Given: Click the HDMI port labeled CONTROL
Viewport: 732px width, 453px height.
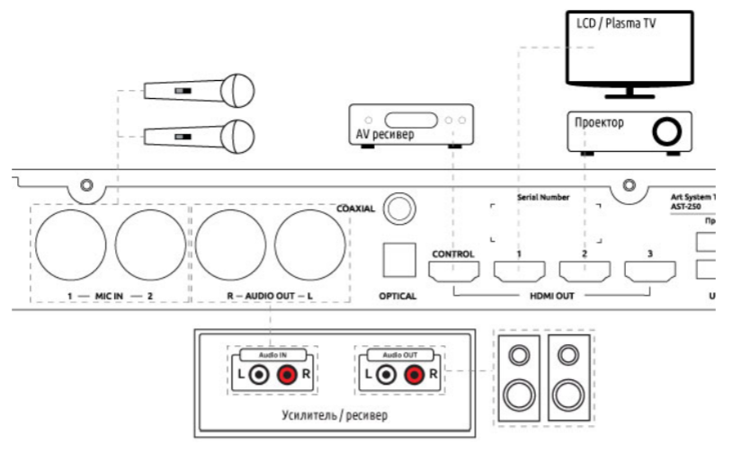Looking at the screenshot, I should [x=454, y=269].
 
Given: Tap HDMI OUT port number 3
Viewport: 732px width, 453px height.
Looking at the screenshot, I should [x=650, y=269].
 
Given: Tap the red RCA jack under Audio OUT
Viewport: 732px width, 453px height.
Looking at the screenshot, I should [x=415, y=373].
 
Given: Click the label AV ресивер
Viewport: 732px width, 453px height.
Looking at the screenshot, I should [x=384, y=135].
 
